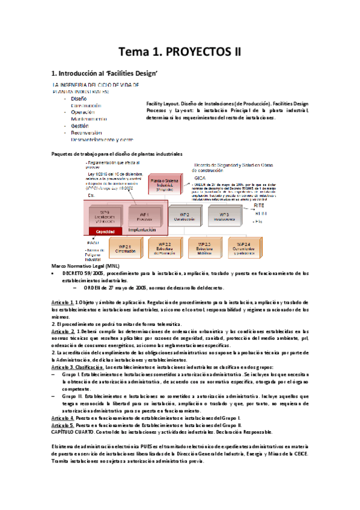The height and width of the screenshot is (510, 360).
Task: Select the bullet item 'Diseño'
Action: (x=79, y=98)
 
